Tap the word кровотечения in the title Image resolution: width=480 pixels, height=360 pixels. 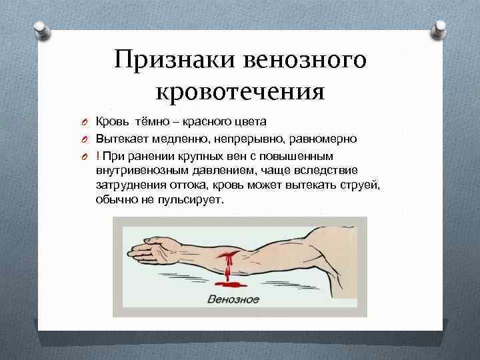tap(239, 91)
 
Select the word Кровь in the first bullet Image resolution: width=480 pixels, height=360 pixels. tap(112, 121)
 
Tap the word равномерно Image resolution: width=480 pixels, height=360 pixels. tap(325, 139)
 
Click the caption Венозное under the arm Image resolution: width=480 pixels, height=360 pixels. tap(233, 298)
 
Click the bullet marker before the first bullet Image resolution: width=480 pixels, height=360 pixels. tap(86, 122)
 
